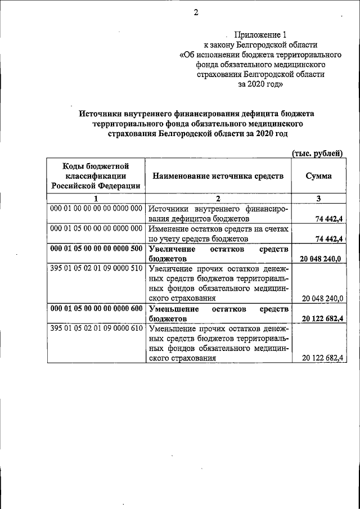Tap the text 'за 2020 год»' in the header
(x=260, y=84)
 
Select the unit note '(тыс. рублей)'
(x=317, y=153)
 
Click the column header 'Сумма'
(x=318, y=176)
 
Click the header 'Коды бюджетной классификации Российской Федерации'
(x=96, y=176)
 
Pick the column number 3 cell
(x=318, y=198)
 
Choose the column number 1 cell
(x=96, y=198)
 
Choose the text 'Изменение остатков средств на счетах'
(x=218, y=229)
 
